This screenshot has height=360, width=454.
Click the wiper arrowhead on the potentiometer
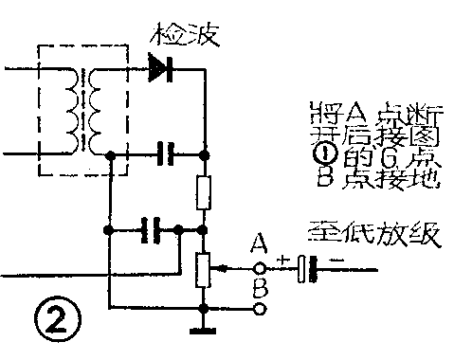click(217, 268)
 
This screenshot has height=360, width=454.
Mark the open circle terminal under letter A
click(260, 267)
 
